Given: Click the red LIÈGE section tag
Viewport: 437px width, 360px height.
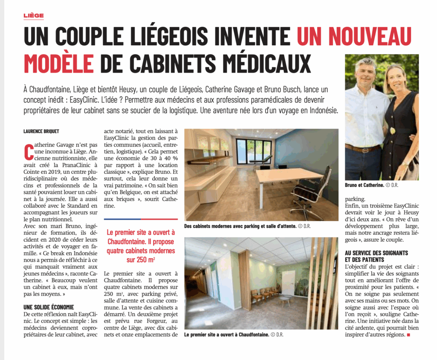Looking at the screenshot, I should click(x=34, y=16).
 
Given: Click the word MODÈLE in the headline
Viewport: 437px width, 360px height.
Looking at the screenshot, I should click(x=58, y=63).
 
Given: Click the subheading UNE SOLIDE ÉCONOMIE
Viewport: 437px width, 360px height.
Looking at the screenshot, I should click(x=49, y=307).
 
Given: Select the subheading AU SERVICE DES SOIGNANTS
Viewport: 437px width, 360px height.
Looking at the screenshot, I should click(x=376, y=253).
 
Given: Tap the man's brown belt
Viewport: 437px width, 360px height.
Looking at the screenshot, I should click(x=362, y=149).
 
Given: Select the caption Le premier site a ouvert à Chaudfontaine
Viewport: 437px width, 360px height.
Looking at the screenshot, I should click(x=227, y=335).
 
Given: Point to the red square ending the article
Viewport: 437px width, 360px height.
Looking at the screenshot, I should click(x=408, y=335).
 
